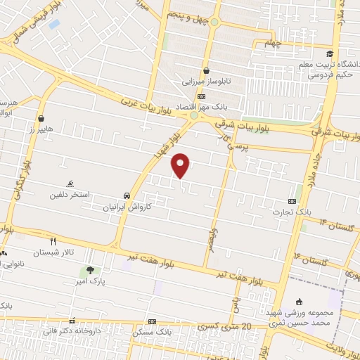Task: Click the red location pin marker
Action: point(181,165)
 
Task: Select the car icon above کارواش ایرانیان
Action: point(126,195)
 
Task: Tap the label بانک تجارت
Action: point(293,211)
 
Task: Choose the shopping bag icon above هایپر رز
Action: point(42,118)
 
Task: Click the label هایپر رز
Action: point(42,130)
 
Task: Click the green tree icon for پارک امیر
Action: point(89,271)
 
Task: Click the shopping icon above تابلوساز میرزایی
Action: point(206,70)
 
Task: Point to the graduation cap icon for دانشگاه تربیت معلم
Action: point(328,53)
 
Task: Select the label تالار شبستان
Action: point(58,252)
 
